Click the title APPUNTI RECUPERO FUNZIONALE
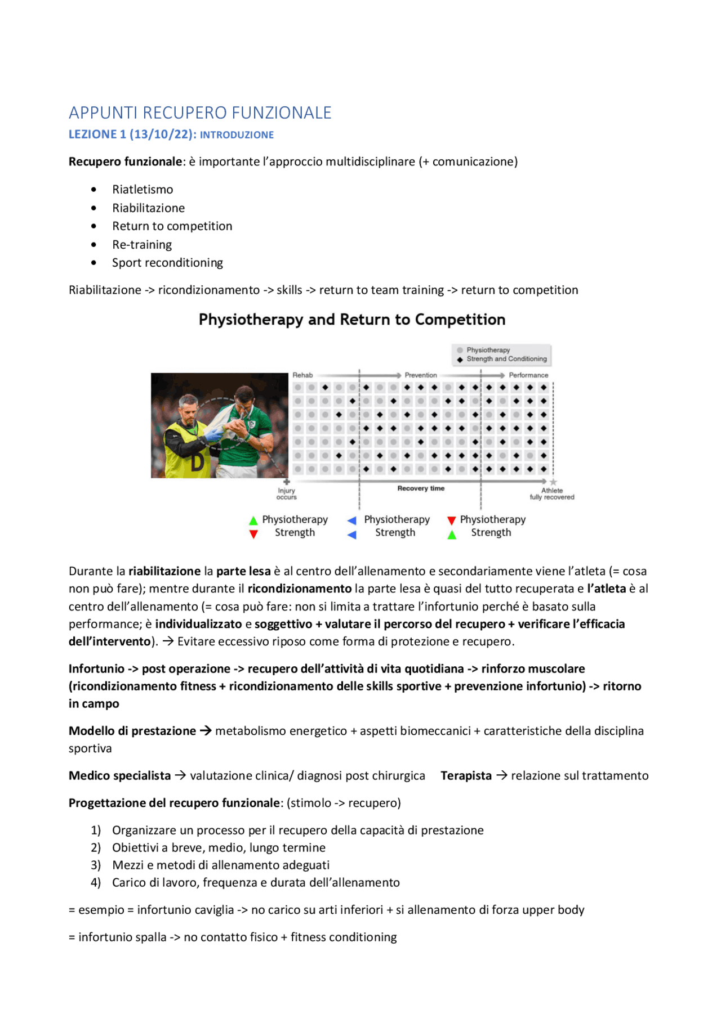coord(200,113)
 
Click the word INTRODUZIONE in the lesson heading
coord(237,135)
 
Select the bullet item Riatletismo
coord(143,190)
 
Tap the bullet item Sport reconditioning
coord(167,263)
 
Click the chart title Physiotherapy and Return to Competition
coord(352,320)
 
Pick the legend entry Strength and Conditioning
coord(506,359)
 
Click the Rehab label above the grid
coord(302,375)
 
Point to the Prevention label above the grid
coord(420,375)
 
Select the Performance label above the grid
coord(528,375)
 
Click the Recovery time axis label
coord(421,488)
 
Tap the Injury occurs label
coord(286,494)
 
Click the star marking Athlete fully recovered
coord(553,482)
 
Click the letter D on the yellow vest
coord(197,462)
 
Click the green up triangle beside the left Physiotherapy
coord(253,520)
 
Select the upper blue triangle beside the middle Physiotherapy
coord(352,520)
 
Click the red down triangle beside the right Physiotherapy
coord(451,520)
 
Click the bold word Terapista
coord(466,776)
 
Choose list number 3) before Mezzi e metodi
coord(96,865)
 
